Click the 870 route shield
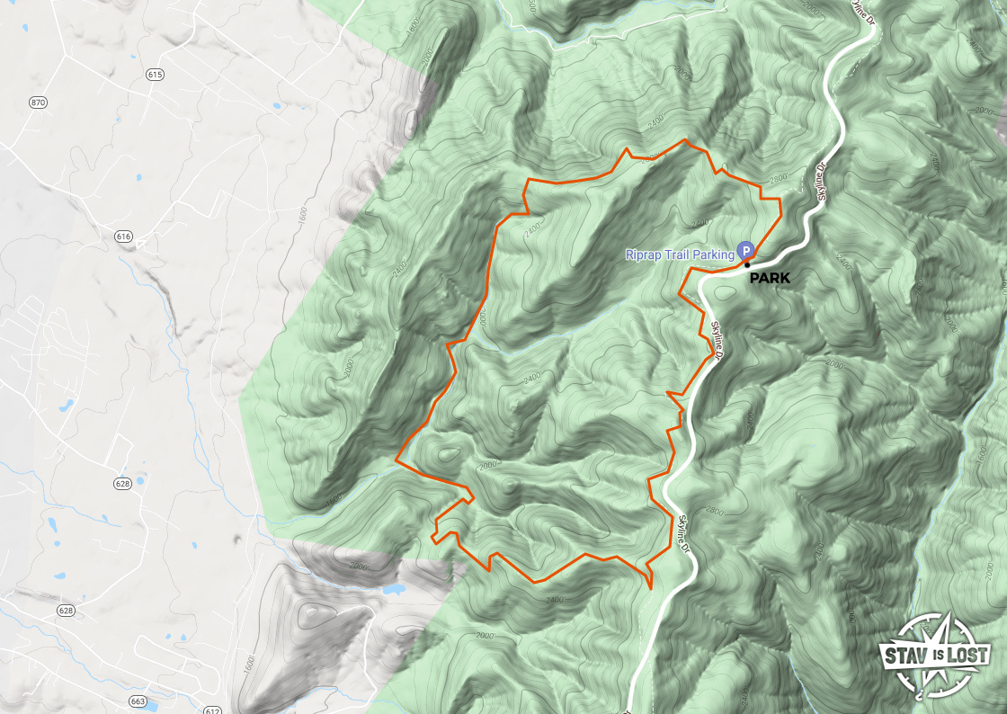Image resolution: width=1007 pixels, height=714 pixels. pos(37,103)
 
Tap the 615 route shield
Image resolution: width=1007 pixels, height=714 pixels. pos(154,75)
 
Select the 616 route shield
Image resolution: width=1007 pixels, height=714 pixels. pos(123,237)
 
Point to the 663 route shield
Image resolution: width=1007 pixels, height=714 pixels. pos(138,675)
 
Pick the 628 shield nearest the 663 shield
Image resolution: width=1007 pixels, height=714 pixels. pos(66,611)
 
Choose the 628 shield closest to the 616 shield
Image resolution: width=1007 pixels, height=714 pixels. pos(122,484)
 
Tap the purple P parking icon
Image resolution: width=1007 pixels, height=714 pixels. pos(744,249)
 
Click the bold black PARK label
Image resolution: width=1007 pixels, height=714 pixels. pos(770,279)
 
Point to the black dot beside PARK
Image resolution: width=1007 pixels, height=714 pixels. pos(747,264)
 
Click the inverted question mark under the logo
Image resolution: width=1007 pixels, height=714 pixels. pos(919,693)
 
